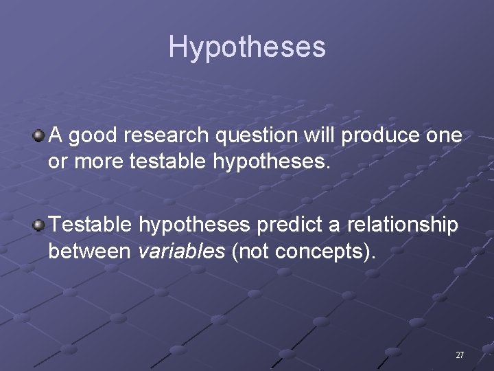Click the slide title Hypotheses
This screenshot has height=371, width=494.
247,47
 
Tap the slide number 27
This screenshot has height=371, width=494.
460,355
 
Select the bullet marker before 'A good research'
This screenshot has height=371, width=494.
38,135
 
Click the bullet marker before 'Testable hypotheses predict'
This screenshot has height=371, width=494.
38,224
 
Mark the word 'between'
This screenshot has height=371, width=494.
89,251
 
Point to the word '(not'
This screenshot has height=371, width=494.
251,252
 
